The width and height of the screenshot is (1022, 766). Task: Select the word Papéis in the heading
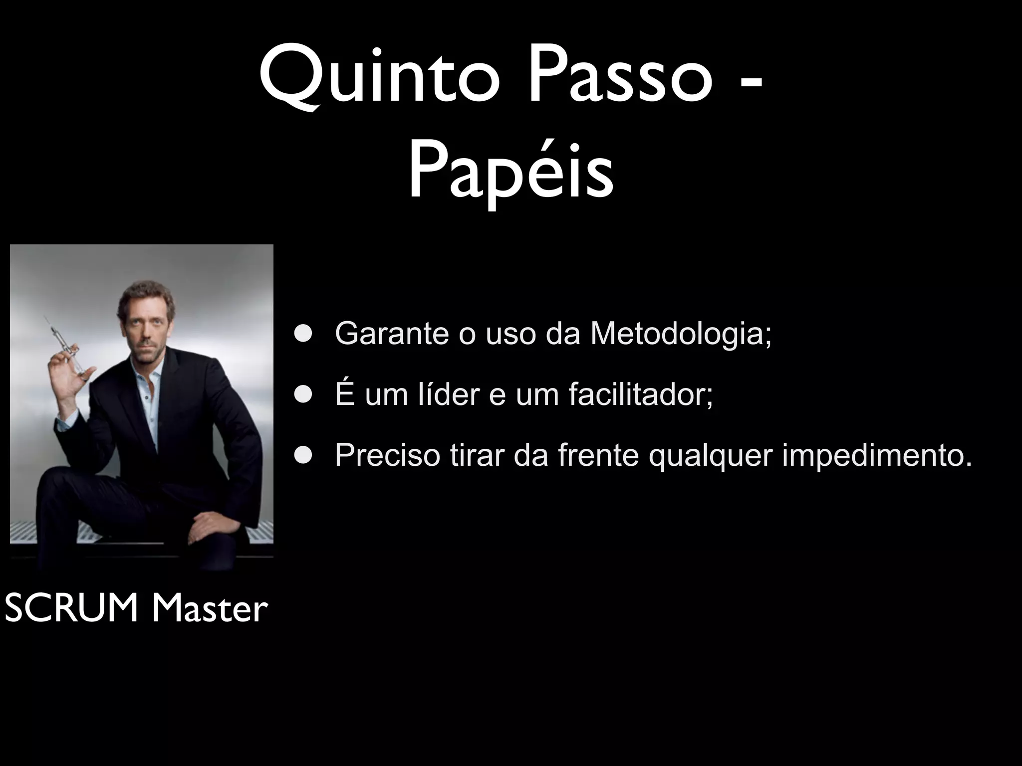click(x=511, y=172)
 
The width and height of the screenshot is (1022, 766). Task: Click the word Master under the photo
click(x=210, y=610)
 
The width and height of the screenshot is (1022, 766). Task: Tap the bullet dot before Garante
click(x=302, y=334)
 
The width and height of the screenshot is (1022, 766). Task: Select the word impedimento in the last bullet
click(x=877, y=455)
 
